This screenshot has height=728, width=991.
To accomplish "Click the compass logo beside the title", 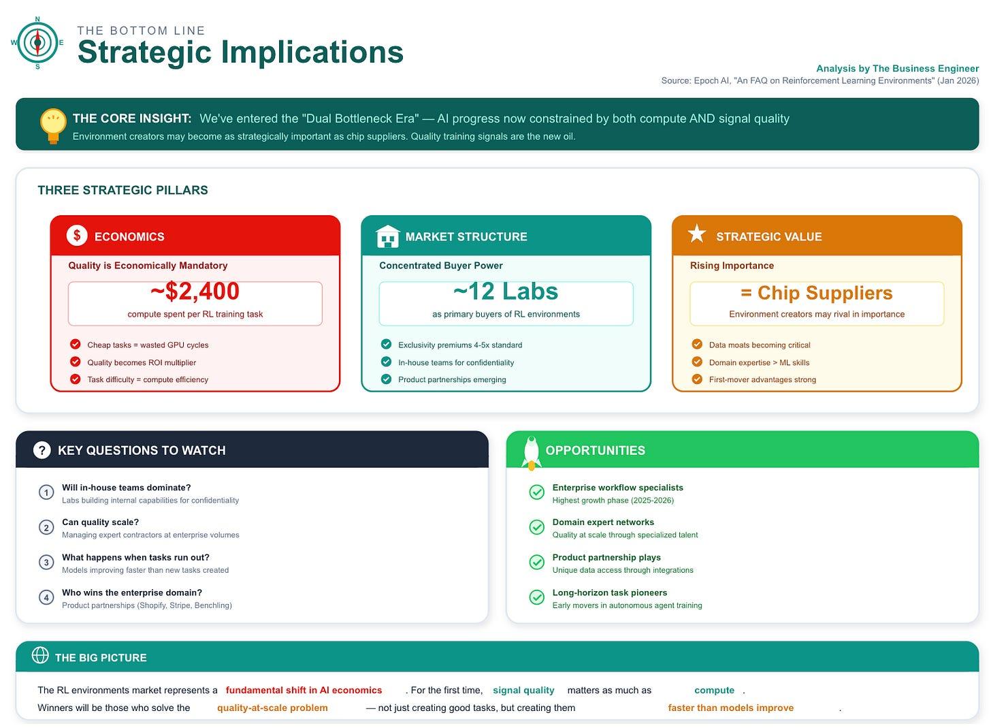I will (x=37, y=42).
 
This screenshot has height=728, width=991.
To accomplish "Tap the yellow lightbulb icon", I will (x=53, y=125).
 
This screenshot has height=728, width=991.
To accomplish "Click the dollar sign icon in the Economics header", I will (x=77, y=236).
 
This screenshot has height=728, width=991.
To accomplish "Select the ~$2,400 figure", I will (x=195, y=291).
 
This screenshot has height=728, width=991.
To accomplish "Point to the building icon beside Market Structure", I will (x=387, y=236).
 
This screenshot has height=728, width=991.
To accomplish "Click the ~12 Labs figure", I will (x=506, y=291).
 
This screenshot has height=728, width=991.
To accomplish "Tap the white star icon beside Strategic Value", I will (x=697, y=235).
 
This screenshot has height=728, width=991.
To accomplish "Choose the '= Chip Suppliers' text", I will (x=817, y=293).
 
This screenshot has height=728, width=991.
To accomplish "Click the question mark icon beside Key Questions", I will (x=42, y=450).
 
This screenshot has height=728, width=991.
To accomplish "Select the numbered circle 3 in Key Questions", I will (x=46, y=563).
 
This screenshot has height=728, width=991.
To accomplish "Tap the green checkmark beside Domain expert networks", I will (x=537, y=527).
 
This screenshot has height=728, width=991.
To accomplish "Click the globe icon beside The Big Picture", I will (x=40, y=655).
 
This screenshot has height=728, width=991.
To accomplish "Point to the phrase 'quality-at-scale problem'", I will (x=272, y=708).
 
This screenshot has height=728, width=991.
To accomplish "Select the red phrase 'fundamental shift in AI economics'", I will (x=304, y=690).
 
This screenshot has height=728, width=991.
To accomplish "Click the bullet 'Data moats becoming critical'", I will (x=760, y=345).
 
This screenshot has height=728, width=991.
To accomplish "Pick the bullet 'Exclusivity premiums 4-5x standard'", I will (x=460, y=345).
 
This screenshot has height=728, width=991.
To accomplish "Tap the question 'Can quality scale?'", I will (x=100, y=522).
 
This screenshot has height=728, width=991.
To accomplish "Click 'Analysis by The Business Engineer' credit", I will (x=897, y=68).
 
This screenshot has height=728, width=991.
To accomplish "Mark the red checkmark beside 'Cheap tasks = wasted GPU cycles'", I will (x=76, y=345).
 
